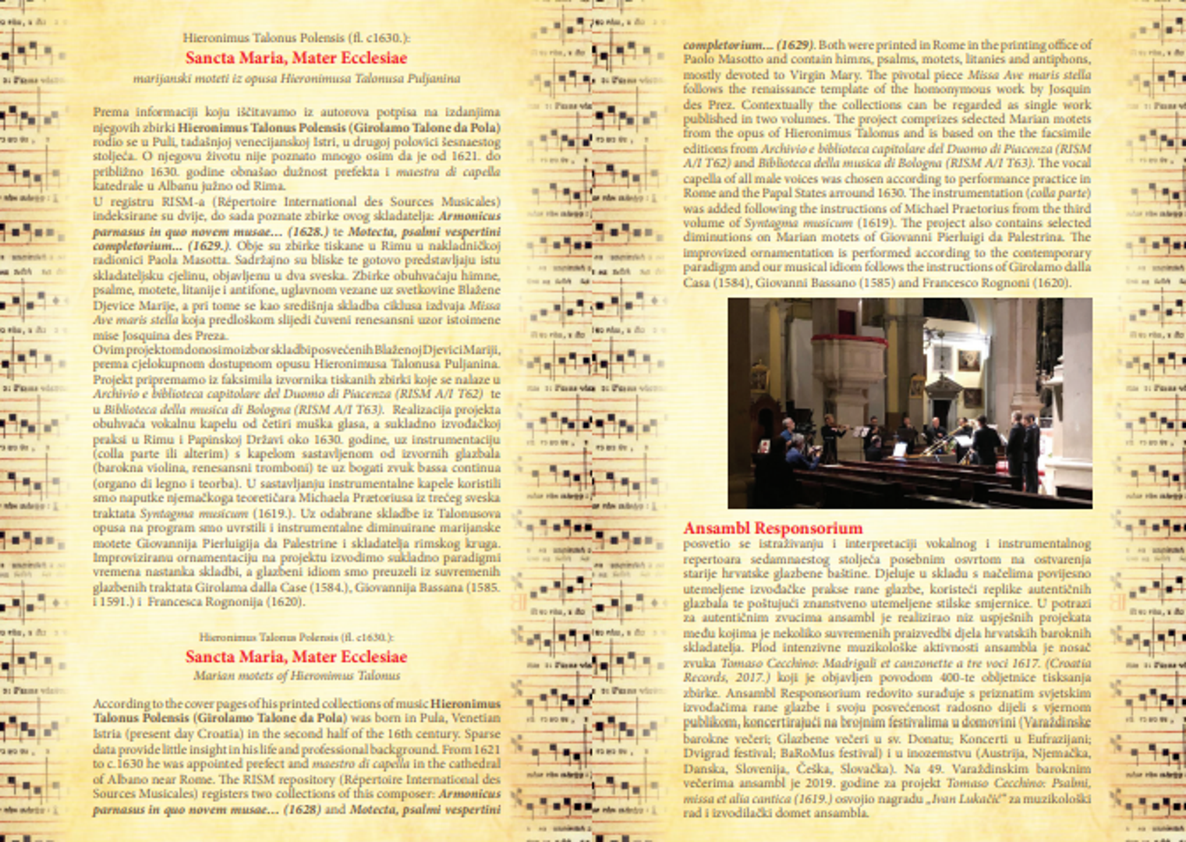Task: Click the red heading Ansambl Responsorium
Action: coord(773,528)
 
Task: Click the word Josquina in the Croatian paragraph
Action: coord(143,335)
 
